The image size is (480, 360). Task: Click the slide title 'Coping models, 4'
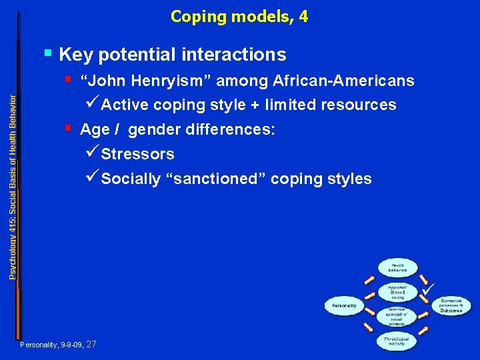pos(239,17)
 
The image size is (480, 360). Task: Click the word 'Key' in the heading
pos(73,55)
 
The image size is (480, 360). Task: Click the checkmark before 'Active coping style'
pos(93,104)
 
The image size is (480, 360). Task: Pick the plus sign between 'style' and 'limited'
pos(255,105)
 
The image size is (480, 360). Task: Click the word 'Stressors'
pos(137,154)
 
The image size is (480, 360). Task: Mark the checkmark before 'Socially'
pos(93,178)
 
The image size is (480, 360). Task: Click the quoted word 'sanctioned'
pos(213,179)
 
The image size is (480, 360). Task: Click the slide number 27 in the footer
pos(91,345)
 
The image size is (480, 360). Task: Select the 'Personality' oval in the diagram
pos(345,306)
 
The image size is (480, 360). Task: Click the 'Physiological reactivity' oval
pos(396,341)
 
